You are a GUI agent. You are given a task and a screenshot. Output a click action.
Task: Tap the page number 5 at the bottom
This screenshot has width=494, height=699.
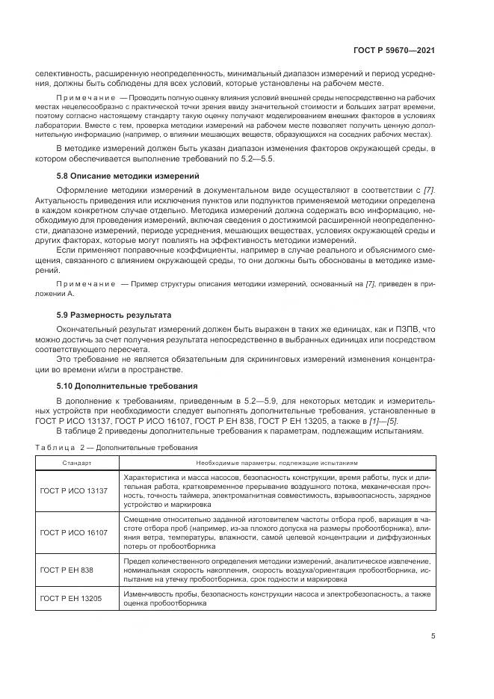[433, 637]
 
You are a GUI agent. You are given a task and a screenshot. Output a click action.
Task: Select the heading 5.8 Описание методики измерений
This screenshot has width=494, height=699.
[129, 175]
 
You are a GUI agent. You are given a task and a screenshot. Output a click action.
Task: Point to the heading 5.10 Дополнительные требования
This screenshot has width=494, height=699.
[127, 386]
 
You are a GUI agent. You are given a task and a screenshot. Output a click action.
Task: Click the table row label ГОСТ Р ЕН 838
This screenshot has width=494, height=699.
[68, 569]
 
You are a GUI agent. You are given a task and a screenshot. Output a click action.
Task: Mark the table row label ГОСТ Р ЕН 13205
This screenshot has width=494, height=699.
[71, 599]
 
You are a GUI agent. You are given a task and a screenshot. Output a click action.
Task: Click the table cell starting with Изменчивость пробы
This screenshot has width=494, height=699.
[277, 599]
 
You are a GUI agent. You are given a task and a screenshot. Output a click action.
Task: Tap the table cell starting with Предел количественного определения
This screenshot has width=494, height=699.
[277, 569]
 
